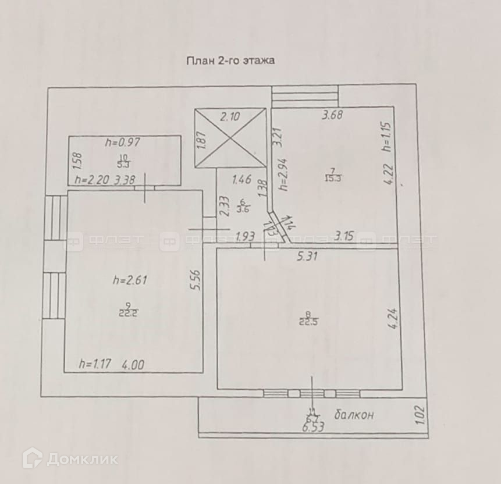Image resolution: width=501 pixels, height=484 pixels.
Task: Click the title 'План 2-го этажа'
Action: click(230, 60)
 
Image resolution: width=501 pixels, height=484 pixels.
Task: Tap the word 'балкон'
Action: click(354, 415)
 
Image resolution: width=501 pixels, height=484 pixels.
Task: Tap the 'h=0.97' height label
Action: click(123, 141)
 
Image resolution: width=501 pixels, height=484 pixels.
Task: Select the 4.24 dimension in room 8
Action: click(392, 319)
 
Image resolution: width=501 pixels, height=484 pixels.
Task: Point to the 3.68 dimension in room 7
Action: click(333, 115)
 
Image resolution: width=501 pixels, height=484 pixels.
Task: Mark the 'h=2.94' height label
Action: click(283, 174)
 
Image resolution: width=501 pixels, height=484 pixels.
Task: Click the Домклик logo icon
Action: click(31, 458)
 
